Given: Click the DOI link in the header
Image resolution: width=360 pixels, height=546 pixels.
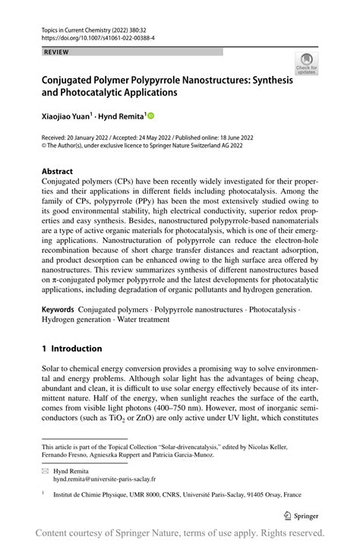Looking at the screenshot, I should (90, 36).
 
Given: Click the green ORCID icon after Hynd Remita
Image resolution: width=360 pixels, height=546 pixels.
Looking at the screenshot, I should (150, 115).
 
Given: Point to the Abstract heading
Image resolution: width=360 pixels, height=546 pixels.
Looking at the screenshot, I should (58, 172).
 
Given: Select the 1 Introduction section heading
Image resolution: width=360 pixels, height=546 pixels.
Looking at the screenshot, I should (71, 349).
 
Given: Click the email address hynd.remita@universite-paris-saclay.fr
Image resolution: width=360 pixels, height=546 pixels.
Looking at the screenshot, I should (104, 479).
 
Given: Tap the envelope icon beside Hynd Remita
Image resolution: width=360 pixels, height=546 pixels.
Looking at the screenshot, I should (45, 471).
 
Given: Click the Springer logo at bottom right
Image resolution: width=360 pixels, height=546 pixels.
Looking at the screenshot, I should (302, 514).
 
